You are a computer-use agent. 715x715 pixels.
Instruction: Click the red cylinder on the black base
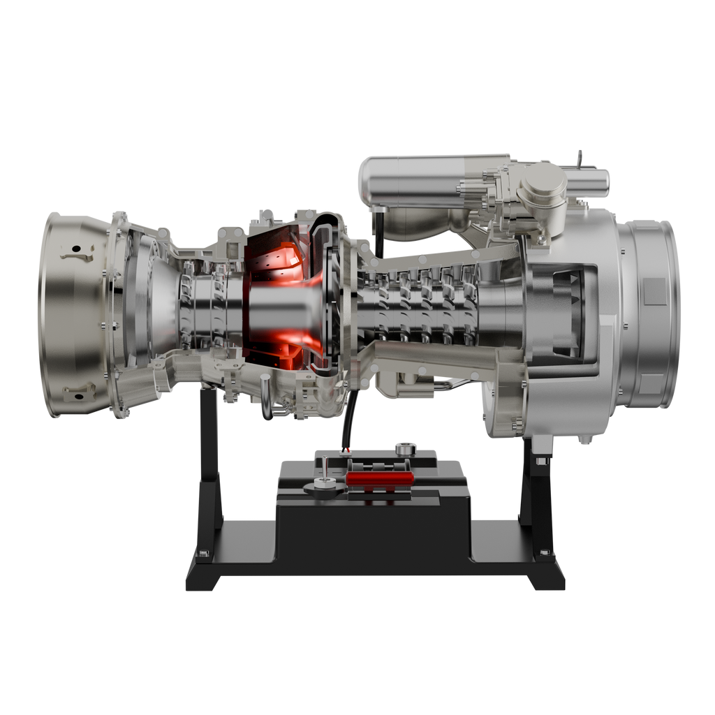click(380, 478)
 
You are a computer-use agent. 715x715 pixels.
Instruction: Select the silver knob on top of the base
click(403, 447)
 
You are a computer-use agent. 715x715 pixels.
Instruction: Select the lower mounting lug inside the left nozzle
click(78, 392)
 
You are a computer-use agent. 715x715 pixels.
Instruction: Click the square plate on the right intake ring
click(654, 290)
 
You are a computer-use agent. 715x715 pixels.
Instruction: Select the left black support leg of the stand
click(208, 454)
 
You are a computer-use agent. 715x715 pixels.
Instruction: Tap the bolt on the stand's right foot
click(544, 554)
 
